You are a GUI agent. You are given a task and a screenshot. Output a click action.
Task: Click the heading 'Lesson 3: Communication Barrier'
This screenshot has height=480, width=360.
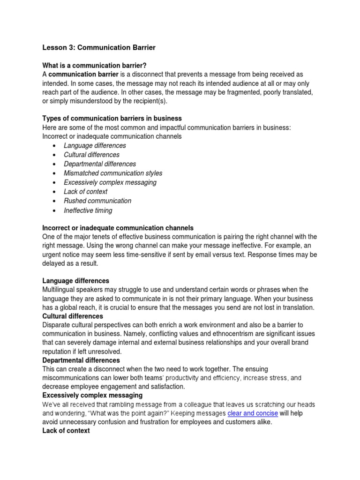pos(99,47)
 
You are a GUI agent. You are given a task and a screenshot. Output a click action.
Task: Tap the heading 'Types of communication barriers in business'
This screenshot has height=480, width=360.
pos(112,119)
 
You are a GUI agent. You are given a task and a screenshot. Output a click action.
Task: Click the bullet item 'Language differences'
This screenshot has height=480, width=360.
pos(95,146)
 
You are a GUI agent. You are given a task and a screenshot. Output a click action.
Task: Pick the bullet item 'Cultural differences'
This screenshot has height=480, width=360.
pos(91,155)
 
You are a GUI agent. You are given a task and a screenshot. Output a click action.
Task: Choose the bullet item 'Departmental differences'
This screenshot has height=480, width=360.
pos(100,164)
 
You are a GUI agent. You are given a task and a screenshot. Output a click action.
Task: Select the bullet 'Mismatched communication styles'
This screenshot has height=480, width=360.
pos(113,173)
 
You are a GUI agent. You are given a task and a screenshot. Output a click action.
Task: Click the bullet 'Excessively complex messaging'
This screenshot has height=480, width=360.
pos(110,182)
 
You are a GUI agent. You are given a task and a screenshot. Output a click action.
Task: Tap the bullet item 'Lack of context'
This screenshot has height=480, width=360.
pos(85,192)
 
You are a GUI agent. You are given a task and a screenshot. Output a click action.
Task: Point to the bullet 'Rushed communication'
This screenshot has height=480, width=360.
pos(97,201)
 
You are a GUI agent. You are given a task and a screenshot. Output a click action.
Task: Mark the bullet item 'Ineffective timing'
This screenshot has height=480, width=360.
pos(88,210)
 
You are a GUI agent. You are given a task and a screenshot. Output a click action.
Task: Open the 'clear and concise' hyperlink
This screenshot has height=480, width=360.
pos(253,413)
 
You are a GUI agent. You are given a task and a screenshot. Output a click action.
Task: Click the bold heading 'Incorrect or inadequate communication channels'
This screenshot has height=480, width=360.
pos(118,228)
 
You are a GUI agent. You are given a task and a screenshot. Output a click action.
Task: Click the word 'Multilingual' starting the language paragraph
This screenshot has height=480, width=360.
pos(60,290)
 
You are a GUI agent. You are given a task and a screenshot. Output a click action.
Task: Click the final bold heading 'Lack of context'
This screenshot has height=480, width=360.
pos(66,431)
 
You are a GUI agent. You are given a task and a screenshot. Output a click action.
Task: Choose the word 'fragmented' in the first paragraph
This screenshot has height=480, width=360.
pos(240,92)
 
